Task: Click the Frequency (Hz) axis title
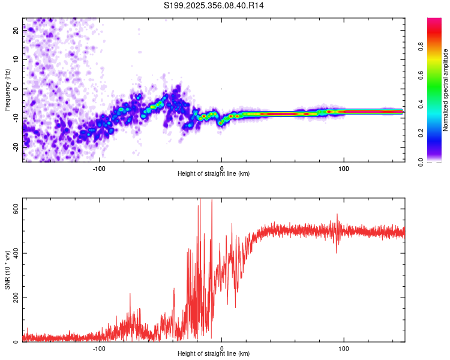pyautogui.click(x=7, y=90)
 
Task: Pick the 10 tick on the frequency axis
pyautogui.click(x=16, y=59)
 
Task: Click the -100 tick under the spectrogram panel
pyautogui.click(x=100, y=168)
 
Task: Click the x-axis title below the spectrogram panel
pyautogui.click(x=214, y=174)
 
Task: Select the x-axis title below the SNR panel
pyautogui.click(x=214, y=354)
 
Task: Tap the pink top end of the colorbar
pyautogui.click(x=434, y=22)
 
